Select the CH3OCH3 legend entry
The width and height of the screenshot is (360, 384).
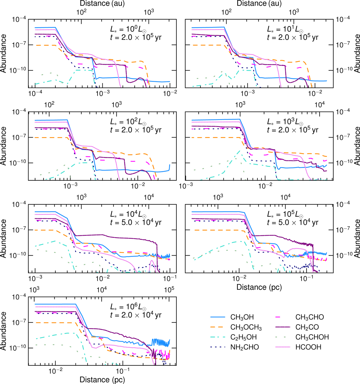tap(246, 328)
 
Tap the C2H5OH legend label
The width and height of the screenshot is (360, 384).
tap(243, 337)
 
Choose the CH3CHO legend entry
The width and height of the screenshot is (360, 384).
tap(310, 317)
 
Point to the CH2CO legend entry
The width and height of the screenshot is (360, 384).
tap(307, 328)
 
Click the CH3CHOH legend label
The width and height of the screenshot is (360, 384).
tap(312, 337)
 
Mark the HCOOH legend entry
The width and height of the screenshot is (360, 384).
tap(308, 347)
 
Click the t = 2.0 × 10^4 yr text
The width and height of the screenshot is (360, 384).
tap(136, 315)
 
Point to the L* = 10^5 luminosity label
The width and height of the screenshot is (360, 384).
tap(285, 215)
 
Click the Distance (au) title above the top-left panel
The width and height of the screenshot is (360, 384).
tap(102, 4)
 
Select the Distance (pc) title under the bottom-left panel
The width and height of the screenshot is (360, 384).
tap(102, 379)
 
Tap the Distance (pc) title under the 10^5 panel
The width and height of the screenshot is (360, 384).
tap(259, 287)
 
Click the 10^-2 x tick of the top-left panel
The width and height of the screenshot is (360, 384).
tap(169, 93)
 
